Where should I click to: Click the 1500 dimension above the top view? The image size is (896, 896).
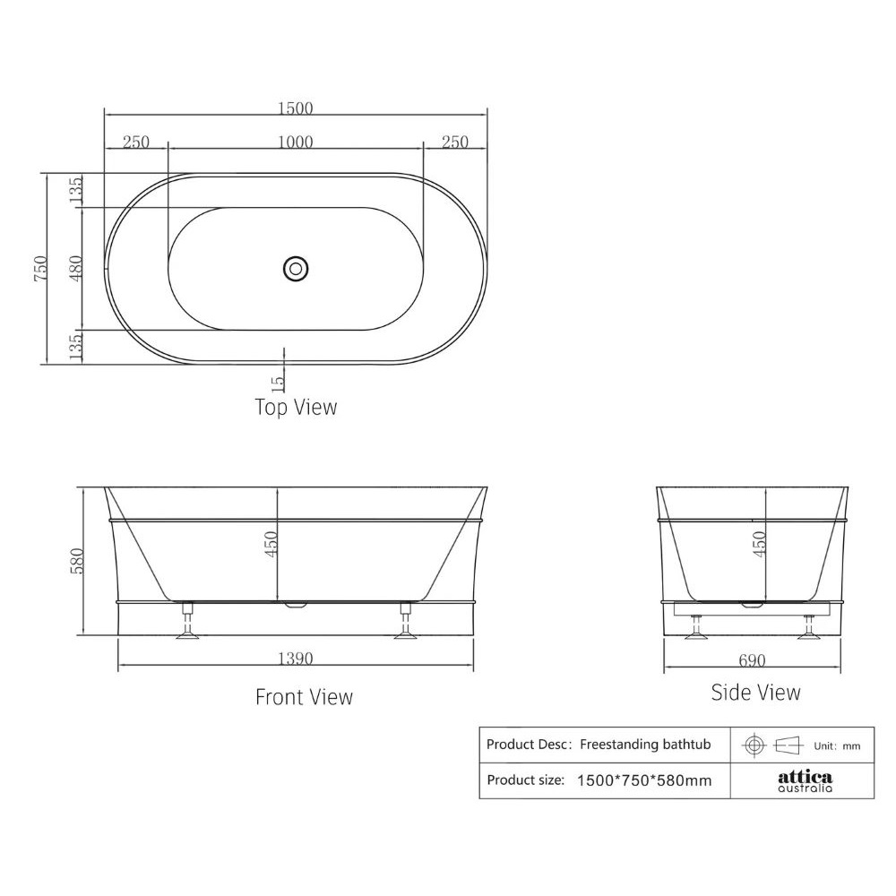click(x=296, y=108)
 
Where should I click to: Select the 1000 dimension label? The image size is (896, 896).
click(x=296, y=142)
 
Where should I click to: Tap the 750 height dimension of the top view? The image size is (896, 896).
click(x=41, y=268)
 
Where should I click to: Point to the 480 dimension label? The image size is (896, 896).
click(x=76, y=268)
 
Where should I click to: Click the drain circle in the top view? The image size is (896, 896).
click(x=296, y=268)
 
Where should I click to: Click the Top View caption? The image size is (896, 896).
click(x=296, y=407)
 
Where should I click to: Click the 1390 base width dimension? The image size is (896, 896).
click(x=296, y=659)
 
